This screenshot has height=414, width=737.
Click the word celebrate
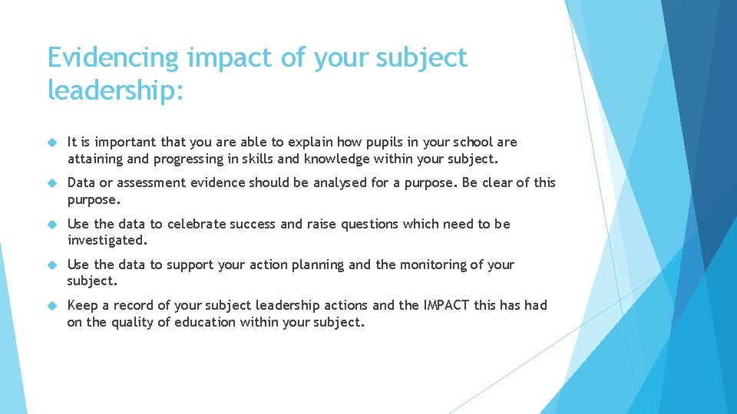coord(197,224)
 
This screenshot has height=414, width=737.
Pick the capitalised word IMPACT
coord(446,305)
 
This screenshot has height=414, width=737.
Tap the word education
coord(203,322)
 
